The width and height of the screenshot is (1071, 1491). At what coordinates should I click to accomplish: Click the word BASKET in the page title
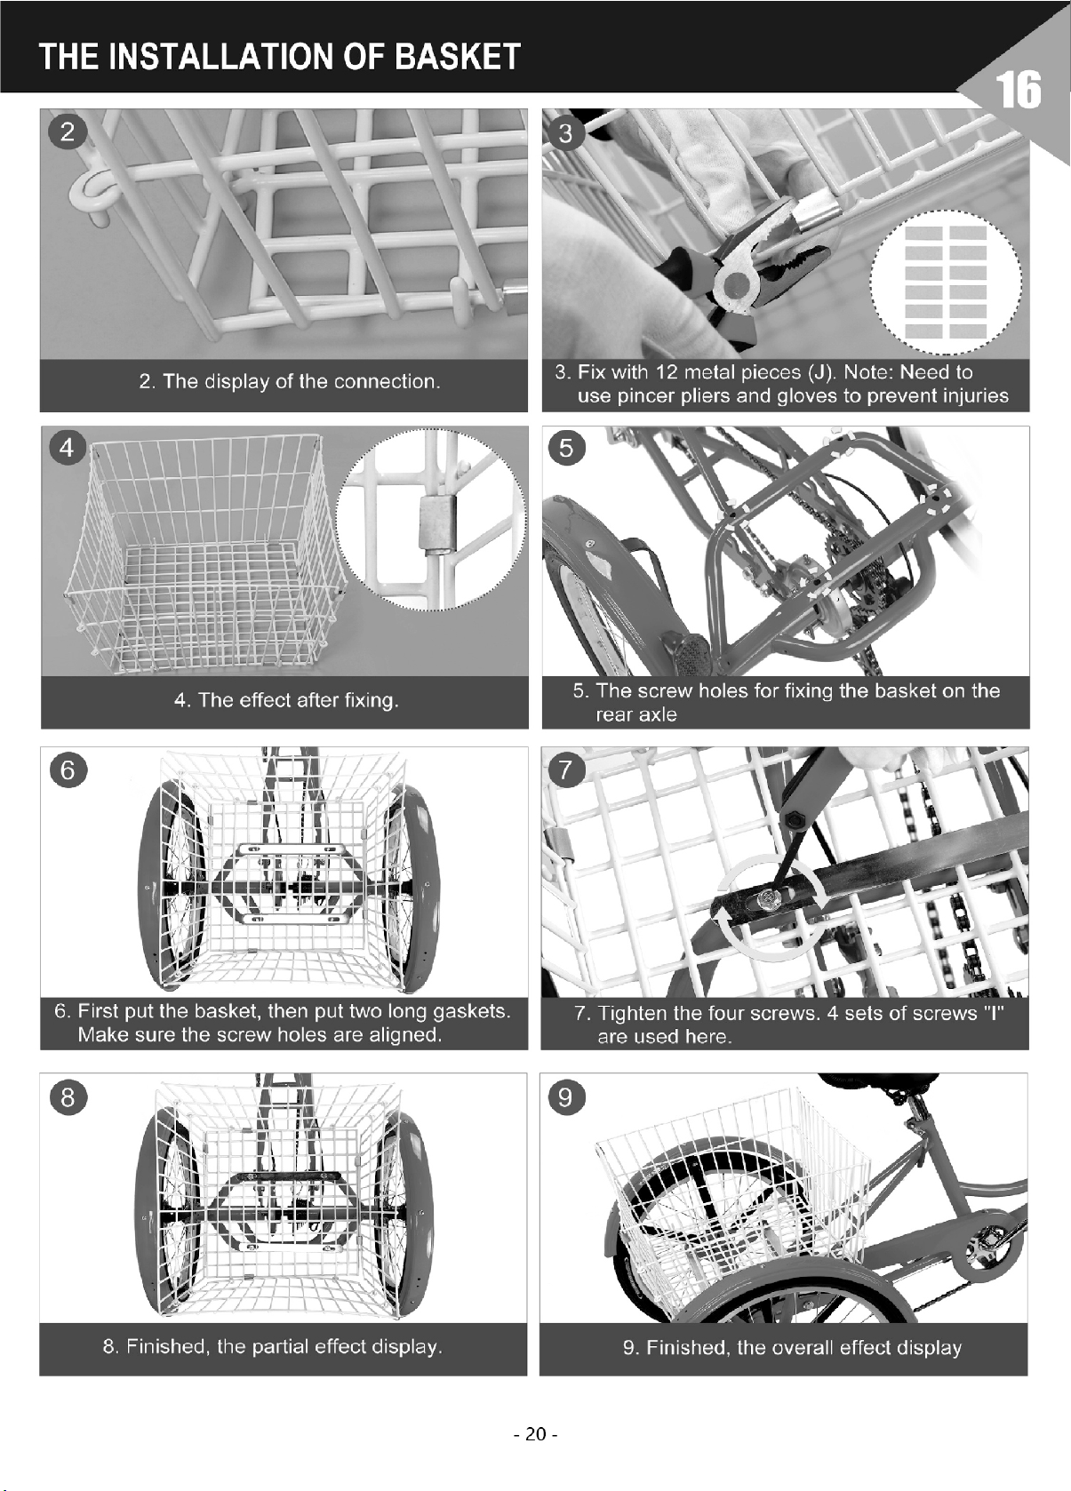coord(458,57)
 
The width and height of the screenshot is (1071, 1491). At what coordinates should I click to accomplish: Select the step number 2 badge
coord(68,132)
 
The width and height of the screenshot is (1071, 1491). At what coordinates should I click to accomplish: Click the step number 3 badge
coord(566,133)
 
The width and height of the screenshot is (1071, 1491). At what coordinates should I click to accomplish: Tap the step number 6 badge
coord(68,770)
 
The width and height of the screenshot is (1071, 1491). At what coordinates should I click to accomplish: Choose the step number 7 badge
coord(566,770)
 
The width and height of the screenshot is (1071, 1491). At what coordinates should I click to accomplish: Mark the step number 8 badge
coord(68,1096)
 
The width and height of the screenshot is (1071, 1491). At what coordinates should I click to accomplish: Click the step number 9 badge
coord(566,1096)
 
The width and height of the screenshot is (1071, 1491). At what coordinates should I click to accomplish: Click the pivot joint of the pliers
coord(736,288)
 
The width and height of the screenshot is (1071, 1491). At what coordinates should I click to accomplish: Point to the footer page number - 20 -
coord(535,1434)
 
